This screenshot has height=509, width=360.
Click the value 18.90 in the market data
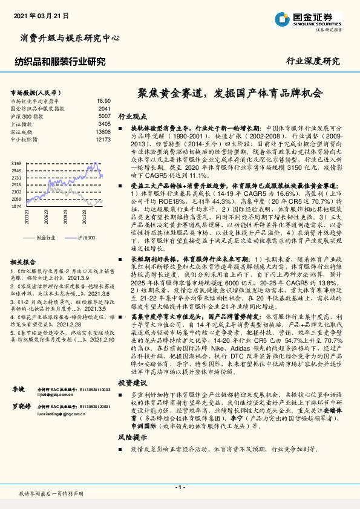click(x=103, y=101)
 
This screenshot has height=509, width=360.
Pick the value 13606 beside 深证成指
click(x=103, y=131)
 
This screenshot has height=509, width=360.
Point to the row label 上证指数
click(x=23, y=123)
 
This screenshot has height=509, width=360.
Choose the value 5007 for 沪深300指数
click(x=104, y=115)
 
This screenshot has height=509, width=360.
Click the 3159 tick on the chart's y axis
click(x=16, y=164)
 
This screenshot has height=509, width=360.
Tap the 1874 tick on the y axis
click(x=16, y=206)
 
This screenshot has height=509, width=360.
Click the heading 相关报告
click(x=25, y=261)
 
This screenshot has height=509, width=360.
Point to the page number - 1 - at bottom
click(x=180, y=487)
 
